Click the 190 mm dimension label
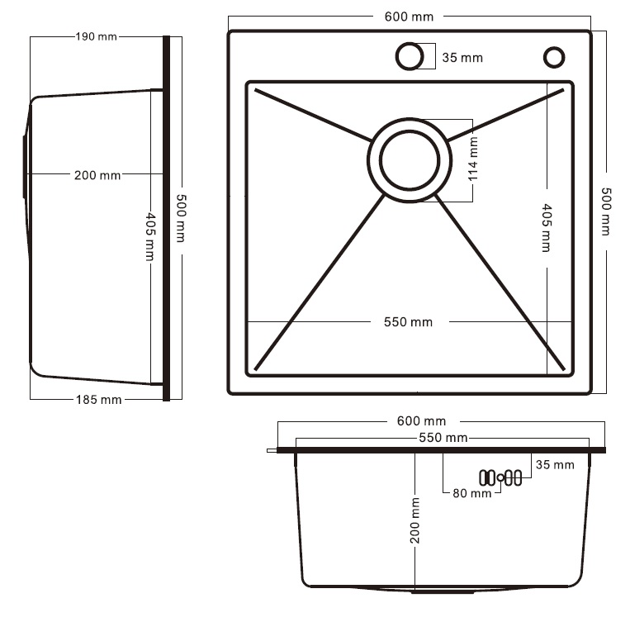click(96, 36)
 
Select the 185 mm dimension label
click(98, 400)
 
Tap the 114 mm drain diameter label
click(473, 159)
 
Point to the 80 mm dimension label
click(472, 493)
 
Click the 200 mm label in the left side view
click(97, 175)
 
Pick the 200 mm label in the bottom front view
click(415, 520)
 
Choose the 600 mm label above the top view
click(409, 17)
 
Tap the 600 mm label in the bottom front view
click(421, 421)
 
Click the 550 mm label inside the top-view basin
click(408, 322)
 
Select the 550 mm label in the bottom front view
click(443, 438)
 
